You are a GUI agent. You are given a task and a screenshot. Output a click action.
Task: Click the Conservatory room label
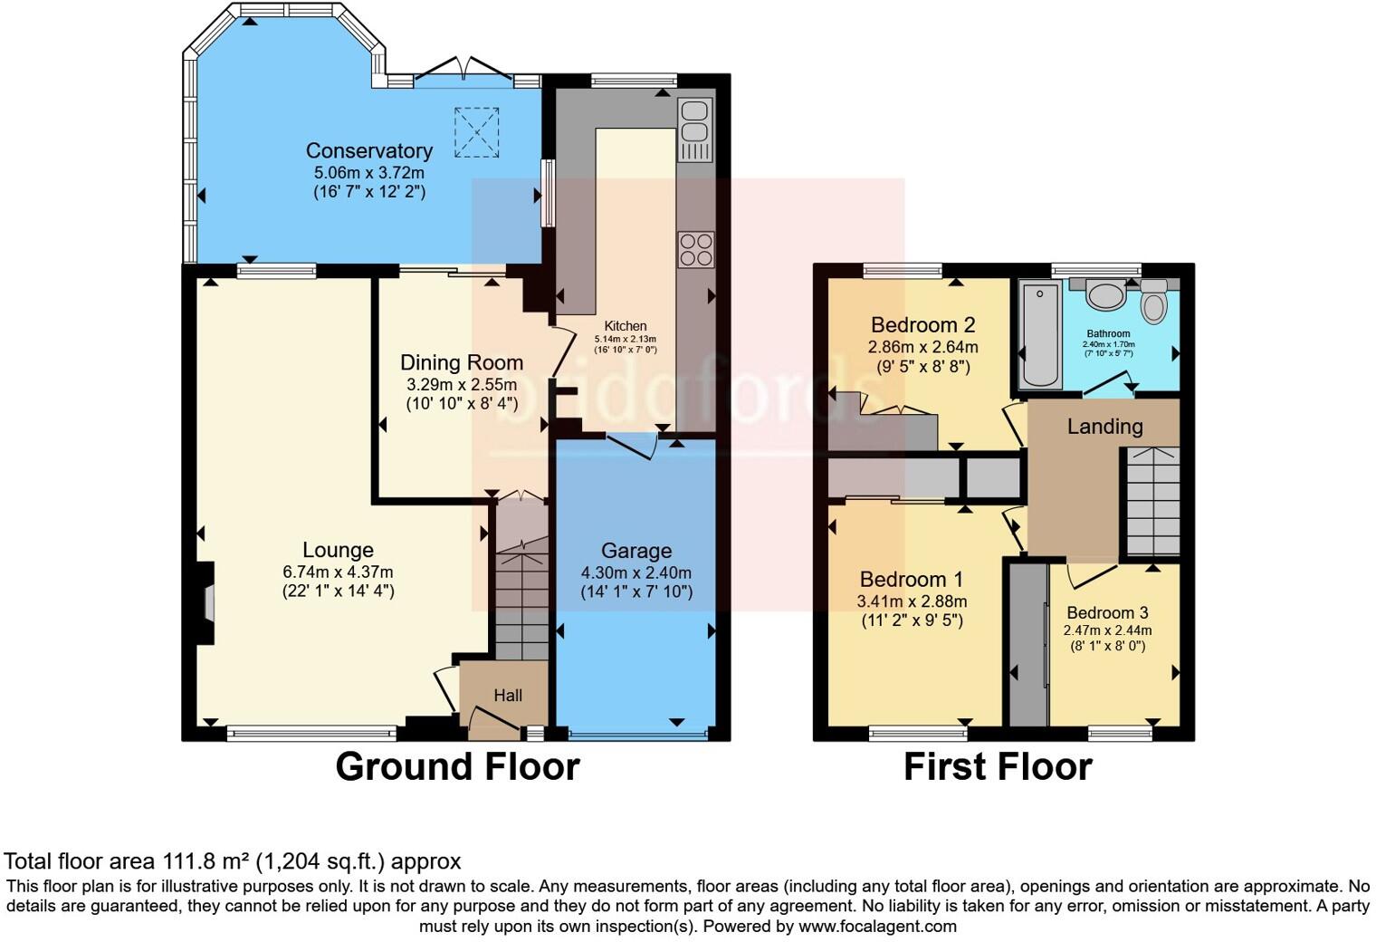pos(368,150)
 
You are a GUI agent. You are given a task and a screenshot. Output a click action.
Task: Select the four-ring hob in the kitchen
pos(695,250)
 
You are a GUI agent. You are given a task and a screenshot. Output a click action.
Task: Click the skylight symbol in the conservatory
pos(476,132)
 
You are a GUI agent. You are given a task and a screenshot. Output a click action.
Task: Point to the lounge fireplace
pos(207,603)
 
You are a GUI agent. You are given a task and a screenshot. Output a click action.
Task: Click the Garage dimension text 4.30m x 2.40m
pos(635,572)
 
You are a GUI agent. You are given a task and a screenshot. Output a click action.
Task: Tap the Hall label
pos(508,696)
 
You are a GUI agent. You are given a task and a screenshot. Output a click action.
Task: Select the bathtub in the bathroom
pos(1039,334)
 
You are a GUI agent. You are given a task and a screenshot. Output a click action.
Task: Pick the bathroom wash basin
pos(1104,293)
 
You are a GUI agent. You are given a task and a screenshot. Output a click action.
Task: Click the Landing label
pos(1104,426)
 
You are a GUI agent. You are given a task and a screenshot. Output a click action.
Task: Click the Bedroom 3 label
pos(1107,612)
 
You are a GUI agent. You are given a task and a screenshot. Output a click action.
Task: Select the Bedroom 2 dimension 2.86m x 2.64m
pos(922,347)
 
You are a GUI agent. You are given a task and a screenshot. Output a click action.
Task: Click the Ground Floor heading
pos(457,766)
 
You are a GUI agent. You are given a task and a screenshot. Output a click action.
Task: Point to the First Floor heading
pos(998,766)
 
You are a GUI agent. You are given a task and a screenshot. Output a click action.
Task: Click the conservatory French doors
pos(464,72)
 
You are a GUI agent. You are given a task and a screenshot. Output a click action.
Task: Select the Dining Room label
pos(462,362)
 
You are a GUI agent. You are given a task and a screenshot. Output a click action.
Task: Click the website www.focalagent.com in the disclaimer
pos(877,927)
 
